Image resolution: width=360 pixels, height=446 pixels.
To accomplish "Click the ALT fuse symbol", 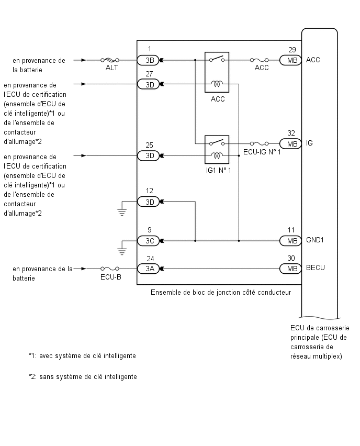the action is point(110,60).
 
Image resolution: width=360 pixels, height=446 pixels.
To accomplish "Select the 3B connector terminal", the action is point(148,60).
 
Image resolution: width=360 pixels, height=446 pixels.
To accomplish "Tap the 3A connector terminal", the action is point(148,269).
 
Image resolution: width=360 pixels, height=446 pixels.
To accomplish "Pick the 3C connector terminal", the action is point(148,241).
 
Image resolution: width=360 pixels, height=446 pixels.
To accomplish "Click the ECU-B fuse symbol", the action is point(110,269).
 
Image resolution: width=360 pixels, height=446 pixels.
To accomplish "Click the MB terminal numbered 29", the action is point(290,60).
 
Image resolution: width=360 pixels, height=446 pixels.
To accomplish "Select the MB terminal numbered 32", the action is point(290,144).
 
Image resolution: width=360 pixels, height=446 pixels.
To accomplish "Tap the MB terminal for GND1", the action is point(290,241).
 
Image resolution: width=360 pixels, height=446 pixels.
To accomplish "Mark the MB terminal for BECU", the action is point(290,269).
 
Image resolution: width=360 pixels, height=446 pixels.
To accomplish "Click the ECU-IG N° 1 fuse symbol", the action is point(260,143).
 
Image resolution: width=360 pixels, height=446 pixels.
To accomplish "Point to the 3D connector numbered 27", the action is point(148,84).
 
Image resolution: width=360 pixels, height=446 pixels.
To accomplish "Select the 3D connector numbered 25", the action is point(148,156).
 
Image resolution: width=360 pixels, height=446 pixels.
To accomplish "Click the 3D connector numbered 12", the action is point(148,202).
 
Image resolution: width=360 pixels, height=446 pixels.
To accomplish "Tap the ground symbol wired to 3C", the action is point(122,251).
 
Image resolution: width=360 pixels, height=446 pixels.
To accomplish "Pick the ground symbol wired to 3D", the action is point(122,212).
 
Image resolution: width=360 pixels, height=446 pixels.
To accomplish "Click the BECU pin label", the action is point(316,267).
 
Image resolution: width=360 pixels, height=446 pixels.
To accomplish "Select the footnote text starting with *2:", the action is point(83,376).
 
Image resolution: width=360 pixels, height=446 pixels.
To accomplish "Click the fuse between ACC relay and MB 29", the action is point(260,60).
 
